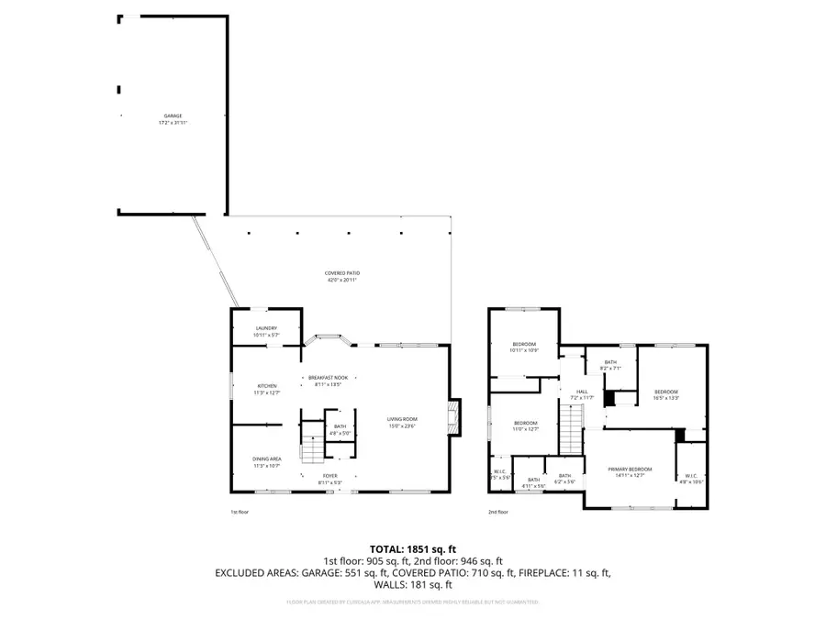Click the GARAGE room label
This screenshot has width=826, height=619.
click(x=173, y=116)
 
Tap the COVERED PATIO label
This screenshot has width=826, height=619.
click(x=341, y=273)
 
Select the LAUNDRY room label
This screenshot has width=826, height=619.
click(x=266, y=327)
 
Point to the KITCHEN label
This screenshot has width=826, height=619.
click(x=267, y=386)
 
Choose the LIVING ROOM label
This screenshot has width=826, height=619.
click(x=402, y=419)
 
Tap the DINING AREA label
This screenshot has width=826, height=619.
click(x=267, y=459)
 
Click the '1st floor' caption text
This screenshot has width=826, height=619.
click(x=239, y=512)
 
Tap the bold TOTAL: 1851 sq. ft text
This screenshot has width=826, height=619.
click(x=412, y=547)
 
